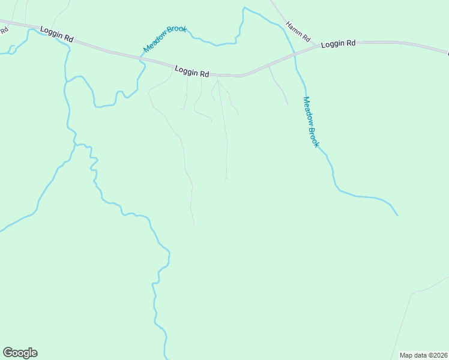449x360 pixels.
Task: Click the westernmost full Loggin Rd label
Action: (x=56, y=34)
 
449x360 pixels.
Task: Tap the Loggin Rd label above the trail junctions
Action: (x=191, y=71)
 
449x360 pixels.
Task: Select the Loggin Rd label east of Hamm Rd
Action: (x=338, y=44)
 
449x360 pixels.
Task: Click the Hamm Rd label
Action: (x=298, y=32)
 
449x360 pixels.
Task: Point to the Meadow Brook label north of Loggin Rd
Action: (x=165, y=38)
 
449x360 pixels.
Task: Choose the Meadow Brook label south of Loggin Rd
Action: (x=310, y=122)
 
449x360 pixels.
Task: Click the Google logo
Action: (x=20, y=353)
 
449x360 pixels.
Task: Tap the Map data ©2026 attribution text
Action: (x=423, y=355)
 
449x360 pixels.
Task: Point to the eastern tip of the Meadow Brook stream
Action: (x=397, y=215)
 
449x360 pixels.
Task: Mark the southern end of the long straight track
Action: (x=225, y=179)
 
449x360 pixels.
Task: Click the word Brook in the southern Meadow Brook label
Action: (x=313, y=136)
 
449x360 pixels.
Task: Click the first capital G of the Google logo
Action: (x=7, y=352)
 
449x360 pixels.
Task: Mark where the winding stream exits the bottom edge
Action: (x=165, y=358)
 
